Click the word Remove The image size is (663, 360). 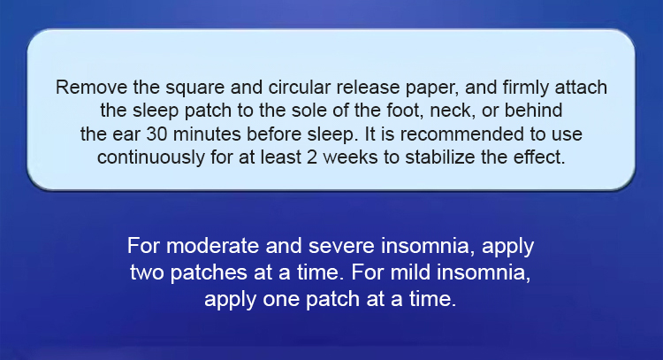(x=91, y=88)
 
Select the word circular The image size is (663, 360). (x=300, y=88)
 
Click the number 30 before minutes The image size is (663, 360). (x=156, y=134)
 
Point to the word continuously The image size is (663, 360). (x=151, y=157)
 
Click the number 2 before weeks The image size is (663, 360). (x=312, y=157)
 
